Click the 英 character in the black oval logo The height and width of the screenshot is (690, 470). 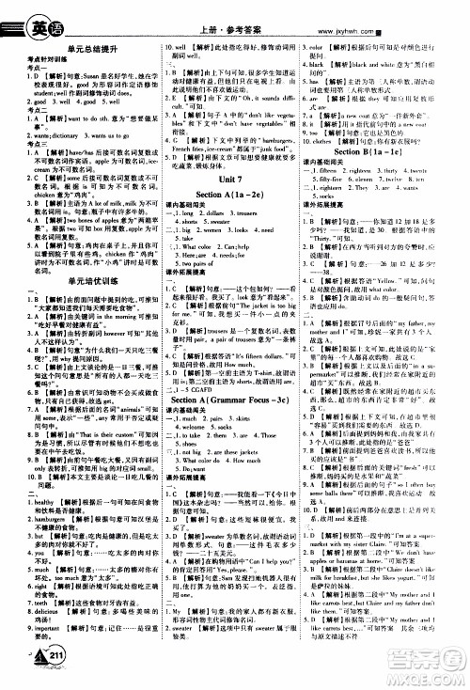coord(22,16)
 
